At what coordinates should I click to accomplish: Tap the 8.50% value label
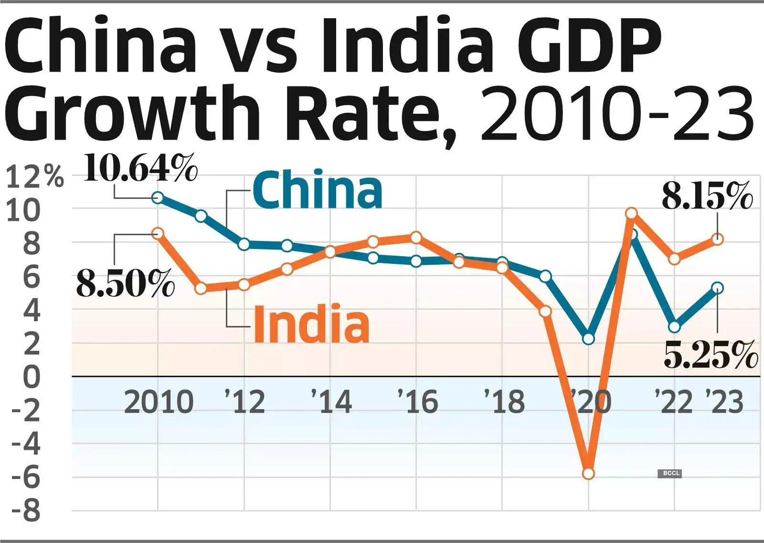coord(126,283)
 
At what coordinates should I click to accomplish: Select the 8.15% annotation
coord(707,195)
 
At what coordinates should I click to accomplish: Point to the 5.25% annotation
coord(711,355)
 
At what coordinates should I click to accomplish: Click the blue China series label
coord(318,190)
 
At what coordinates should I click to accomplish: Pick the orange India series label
coord(311,324)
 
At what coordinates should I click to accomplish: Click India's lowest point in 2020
coord(588,474)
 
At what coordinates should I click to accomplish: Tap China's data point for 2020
coord(588,339)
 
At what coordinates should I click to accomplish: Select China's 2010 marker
coord(158,197)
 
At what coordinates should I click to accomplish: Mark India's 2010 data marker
coord(158,233)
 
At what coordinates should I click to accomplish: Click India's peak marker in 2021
coord(631,213)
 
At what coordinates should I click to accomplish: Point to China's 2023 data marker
coord(718,288)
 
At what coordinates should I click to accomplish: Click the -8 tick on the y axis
coord(26,511)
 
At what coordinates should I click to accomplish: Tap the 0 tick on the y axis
coord(32,377)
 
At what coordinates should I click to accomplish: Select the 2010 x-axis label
coord(159,402)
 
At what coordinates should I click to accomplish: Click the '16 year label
coord(418,402)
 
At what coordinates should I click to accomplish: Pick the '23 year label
coord(725,402)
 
